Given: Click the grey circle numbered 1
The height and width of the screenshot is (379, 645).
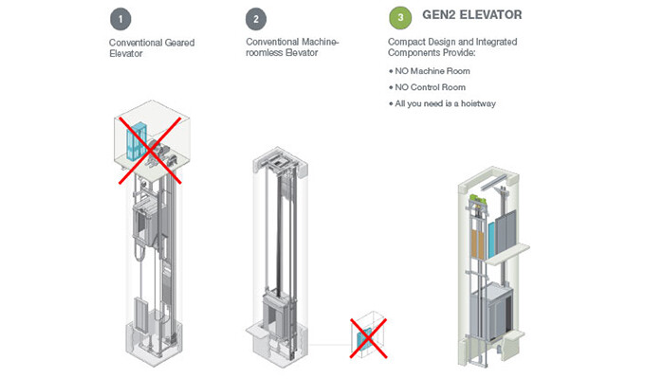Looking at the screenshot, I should (x=121, y=19).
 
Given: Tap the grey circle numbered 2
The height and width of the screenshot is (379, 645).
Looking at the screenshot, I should (x=255, y=19).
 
